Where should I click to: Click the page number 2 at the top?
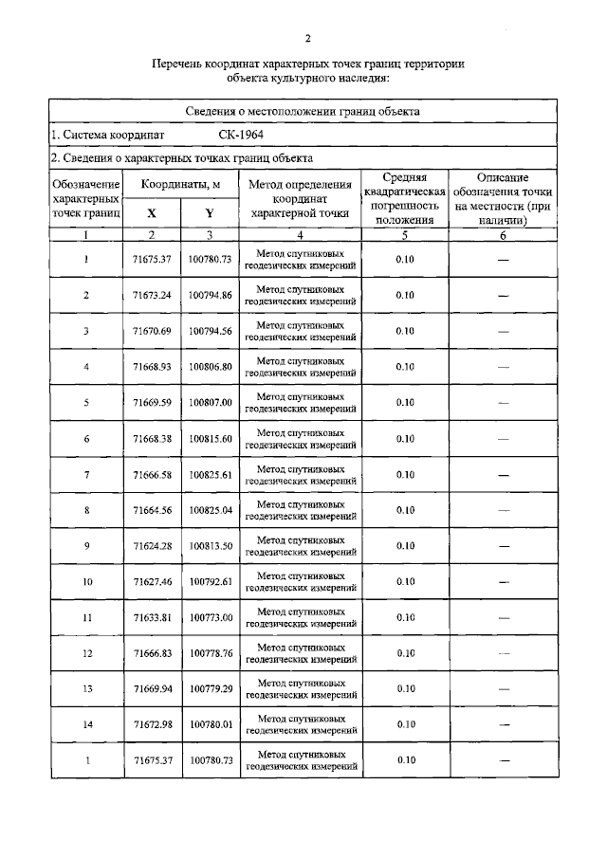click(307, 38)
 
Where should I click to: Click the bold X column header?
click(152, 214)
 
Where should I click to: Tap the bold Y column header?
click(210, 214)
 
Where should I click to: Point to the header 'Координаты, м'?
click(180, 184)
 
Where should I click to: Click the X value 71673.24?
click(152, 295)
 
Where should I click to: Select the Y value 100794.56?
click(210, 331)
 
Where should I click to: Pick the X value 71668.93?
click(152, 367)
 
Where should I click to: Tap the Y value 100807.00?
click(210, 402)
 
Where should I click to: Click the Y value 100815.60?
click(210, 438)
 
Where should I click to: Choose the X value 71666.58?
click(152, 474)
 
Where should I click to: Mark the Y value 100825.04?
click(210, 510)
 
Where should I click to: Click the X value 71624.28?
click(152, 546)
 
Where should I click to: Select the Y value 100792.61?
click(210, 581)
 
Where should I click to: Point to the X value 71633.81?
click(152, 617)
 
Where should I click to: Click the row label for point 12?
click(86, 653)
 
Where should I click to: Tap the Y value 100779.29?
click(210, 688)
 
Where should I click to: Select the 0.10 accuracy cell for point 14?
click(405, 724)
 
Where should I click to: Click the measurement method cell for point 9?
click(300, 546)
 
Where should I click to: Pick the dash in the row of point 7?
click(503, 474)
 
